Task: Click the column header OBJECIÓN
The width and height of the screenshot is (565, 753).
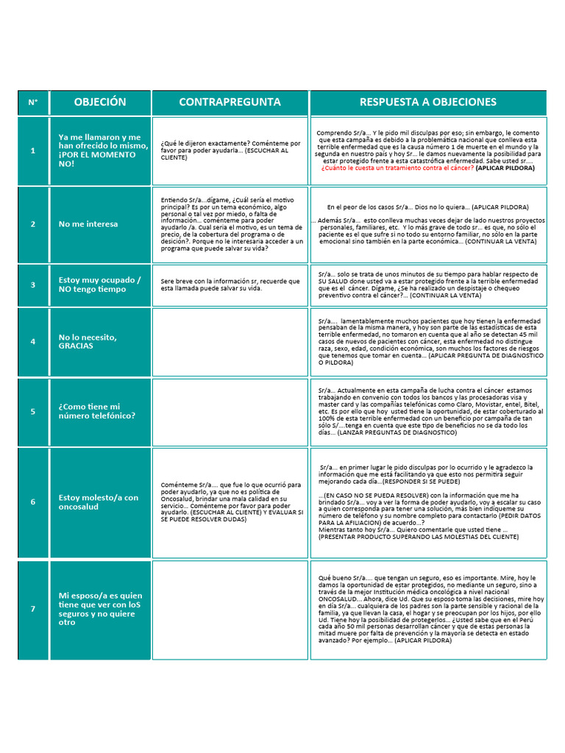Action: click(x=100, y=102)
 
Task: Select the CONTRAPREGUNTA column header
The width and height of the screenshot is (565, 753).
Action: click(x=230, y=102)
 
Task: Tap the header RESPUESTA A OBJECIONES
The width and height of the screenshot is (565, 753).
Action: click(x=427, y=102)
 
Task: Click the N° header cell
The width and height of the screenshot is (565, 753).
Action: click(x=33, y=102)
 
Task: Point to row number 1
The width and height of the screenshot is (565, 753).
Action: click(x=33, y=151)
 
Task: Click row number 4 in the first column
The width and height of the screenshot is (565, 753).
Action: click(x=33, y=342)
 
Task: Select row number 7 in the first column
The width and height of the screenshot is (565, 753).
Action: click(x=33, y=609)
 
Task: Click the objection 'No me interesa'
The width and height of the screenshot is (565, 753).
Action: click(x=88, y=224)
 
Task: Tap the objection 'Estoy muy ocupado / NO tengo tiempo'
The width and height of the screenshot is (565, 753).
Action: click(x=99, y=285)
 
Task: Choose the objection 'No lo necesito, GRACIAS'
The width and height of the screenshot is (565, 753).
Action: click(x=88, y=341)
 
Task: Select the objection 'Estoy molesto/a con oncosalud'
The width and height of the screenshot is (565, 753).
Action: click(x=99, y=502)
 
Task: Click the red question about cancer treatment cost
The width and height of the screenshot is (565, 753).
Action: click(x=397, y=168)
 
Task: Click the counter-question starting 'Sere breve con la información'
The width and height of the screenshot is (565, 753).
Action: click(x=230, y=285)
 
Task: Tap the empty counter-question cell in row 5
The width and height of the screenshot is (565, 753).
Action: click(x=230, y=412)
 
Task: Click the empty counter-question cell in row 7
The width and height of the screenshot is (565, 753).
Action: click(x=230, y=609)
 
